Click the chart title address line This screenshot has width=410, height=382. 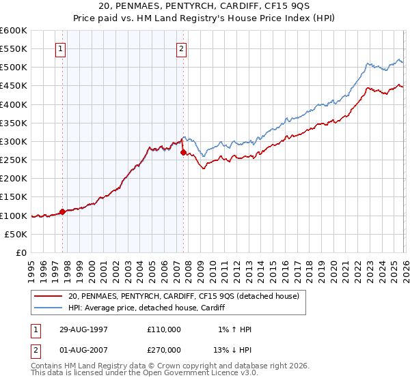click(204, 6)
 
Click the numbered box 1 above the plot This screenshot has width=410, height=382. click(61, 48)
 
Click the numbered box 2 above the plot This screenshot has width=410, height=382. click(182, 48)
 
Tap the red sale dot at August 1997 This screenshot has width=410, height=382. click(63, 211)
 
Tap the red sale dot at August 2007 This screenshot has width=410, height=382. click(183, 153)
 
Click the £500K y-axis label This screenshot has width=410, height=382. click(14, 68)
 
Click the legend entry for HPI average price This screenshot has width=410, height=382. click(150, 308)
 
